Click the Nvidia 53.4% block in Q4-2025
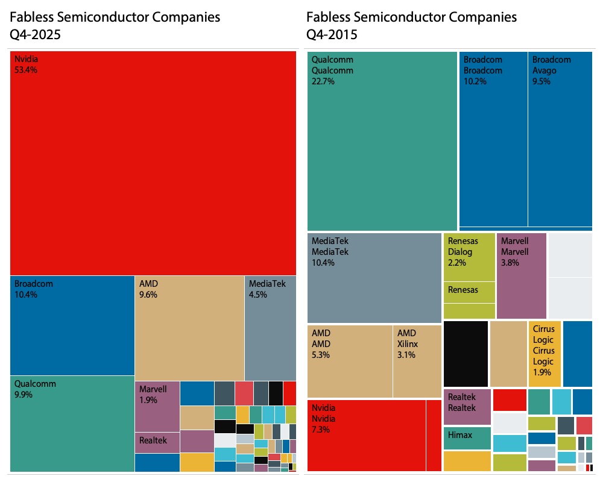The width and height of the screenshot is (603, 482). click(153, 163)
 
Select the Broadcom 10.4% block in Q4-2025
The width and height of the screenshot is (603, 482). click(72, 325)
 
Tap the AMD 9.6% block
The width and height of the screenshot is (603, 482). click(189, 328)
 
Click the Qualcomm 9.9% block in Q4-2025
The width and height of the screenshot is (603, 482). click(72, 424)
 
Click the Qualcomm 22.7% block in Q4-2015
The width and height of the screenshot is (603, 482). click(382, 141)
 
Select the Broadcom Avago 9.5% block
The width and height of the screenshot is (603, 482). click(560, 139)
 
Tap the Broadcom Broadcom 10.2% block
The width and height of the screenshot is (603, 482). click(493, 139)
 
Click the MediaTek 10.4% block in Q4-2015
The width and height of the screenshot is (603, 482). click(374, 278)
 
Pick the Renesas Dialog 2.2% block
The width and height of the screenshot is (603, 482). click(469, 257)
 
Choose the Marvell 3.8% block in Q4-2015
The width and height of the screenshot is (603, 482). click(522, 275)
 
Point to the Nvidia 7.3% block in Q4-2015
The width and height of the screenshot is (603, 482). click(366, 435)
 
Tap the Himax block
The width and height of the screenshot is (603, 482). click(467, 438)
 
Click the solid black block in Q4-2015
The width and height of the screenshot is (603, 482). click(466, 354)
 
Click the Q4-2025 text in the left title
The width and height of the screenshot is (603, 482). click(36, 34)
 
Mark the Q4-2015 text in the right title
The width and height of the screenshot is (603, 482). click(332, 34)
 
